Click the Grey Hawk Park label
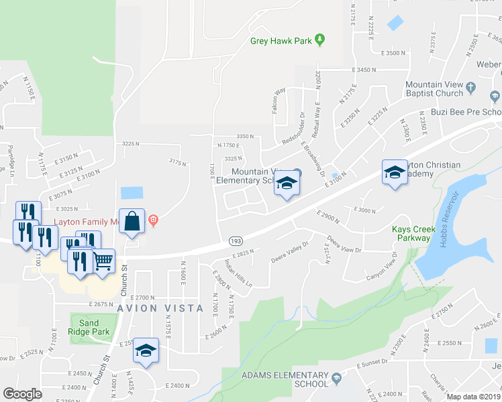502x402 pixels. (281, 41)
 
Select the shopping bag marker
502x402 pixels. (133, 222)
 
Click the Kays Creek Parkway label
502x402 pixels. (411, 234)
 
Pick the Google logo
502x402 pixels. (22, 394)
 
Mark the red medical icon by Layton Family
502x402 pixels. (154, 220)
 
